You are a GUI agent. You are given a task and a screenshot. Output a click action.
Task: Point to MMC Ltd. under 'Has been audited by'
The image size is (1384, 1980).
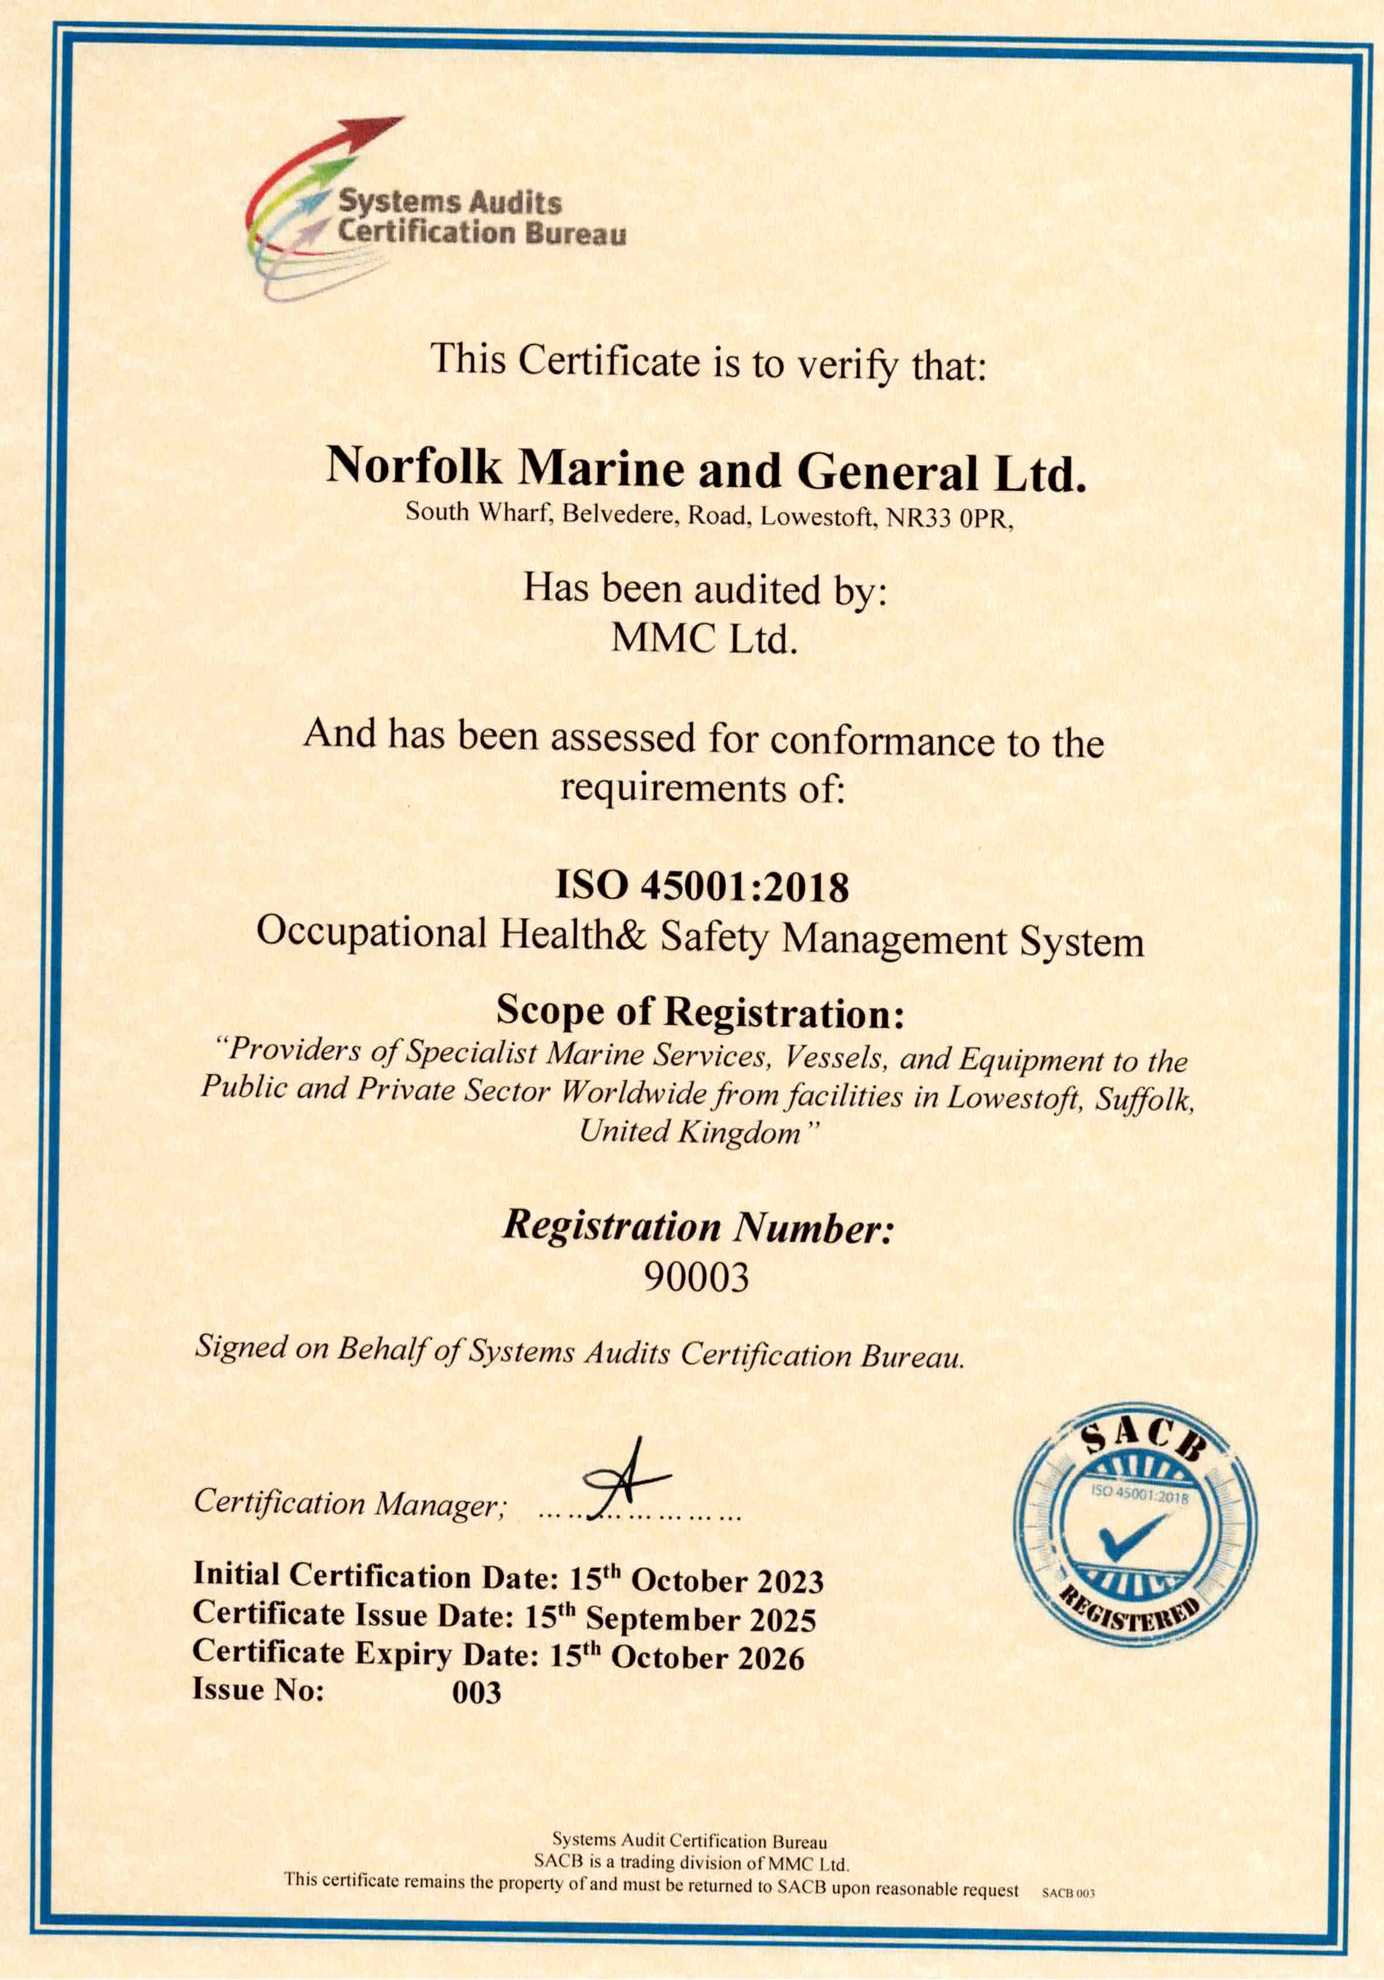tap(703, 638)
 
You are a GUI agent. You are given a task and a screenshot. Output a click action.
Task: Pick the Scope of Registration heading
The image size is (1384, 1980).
tap(700, 1011)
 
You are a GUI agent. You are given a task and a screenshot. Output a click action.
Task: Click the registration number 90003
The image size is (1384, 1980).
tap(697, 1277)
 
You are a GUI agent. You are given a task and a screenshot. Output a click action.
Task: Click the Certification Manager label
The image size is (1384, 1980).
tap(349, 1504)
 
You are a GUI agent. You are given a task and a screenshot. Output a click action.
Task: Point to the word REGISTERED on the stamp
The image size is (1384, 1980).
tap(1130, 1618)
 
